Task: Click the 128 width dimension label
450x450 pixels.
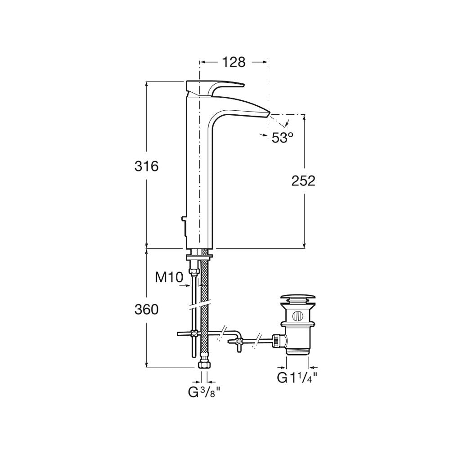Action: (x=234, y=62)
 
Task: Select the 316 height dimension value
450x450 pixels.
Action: (x=146, y=166)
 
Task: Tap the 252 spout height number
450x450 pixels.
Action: (x=303, y=180)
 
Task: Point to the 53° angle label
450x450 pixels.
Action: (x=283, y=138)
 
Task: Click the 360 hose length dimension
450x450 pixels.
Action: (x=146, y=310)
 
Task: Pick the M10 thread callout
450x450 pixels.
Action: (x=169, y=277)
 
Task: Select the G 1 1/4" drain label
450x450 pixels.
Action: (x=297, y=377)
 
